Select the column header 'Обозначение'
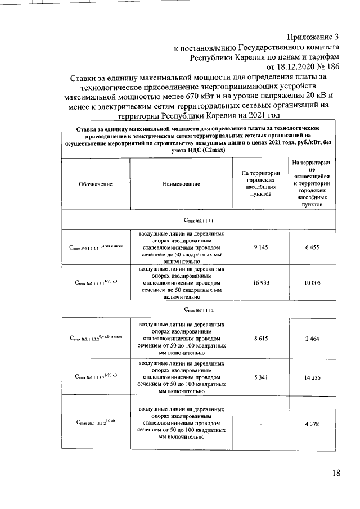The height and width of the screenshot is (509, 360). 96,184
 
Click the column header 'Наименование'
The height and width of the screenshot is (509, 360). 182,184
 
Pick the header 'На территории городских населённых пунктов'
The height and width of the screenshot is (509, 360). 260,183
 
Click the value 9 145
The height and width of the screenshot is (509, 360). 260,247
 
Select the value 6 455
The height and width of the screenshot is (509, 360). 312,247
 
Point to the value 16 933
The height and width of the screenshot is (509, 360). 260,285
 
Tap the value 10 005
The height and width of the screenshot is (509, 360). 312,285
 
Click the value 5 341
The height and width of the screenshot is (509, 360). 260,377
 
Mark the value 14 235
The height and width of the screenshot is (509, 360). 312,377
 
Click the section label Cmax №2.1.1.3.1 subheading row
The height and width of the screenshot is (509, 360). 199,220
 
